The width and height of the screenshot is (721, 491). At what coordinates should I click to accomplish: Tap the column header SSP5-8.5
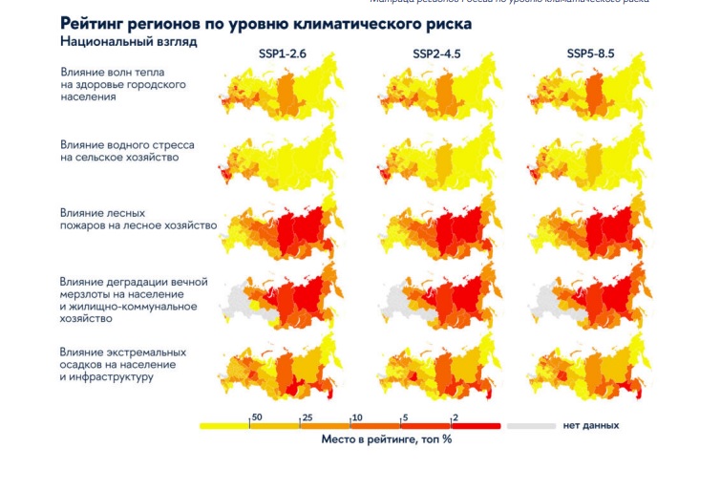point(590,53)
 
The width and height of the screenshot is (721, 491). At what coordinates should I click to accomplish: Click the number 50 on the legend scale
point(256,417)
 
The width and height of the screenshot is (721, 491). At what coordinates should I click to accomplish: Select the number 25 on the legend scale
point(307,417)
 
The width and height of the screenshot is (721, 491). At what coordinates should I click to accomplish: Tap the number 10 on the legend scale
point(357,417)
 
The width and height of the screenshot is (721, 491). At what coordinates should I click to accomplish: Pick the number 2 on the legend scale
point(456,417)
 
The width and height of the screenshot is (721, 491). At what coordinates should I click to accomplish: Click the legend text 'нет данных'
point(584,425)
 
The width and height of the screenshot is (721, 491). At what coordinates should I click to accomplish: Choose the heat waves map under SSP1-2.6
point(277,95)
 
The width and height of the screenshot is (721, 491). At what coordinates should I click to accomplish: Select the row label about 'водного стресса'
point(127,151)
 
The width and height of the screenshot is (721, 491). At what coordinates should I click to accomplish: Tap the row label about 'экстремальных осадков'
point(123,364)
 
